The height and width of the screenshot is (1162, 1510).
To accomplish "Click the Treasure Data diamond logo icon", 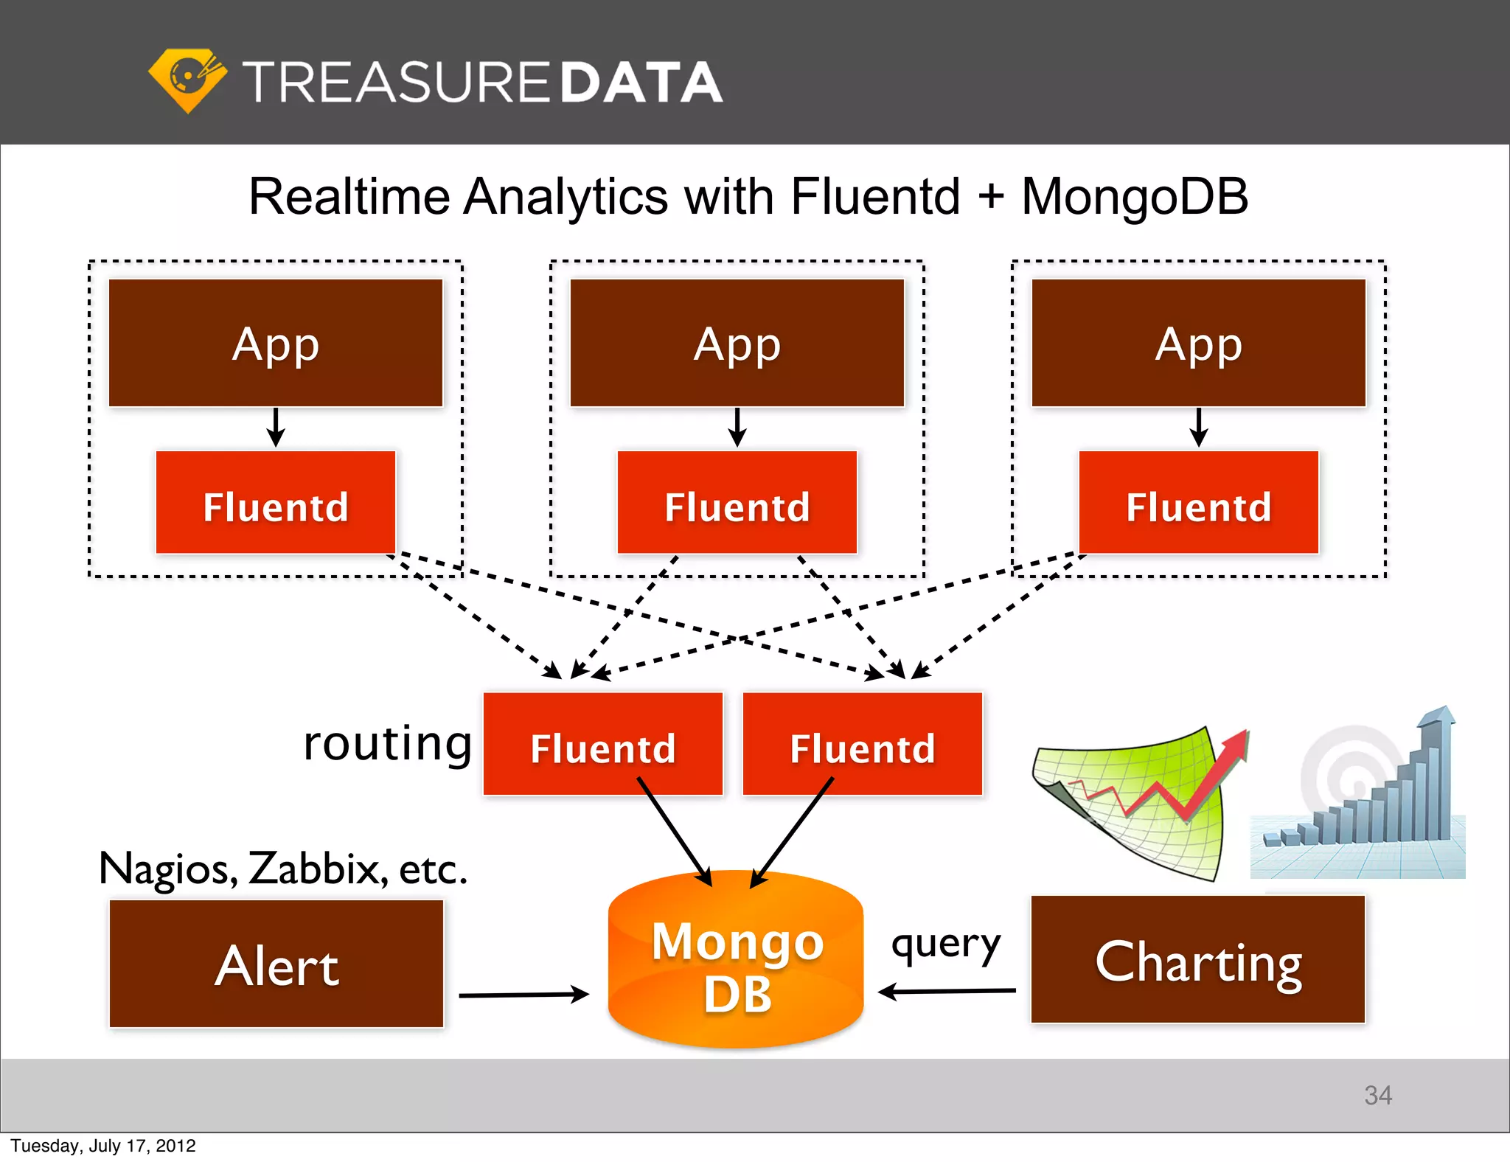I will tap(187, 80).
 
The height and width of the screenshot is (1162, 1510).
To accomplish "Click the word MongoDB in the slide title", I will tap(1134, 197).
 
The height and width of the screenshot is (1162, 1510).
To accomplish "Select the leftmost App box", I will tap(276, 343).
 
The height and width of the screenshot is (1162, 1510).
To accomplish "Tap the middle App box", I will tap(737, 343).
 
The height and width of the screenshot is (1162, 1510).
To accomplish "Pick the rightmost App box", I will tap(1198, 343).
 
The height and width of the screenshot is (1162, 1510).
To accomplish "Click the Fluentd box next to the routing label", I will tap(602, 745).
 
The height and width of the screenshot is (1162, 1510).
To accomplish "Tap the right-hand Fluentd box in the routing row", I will tap(862, 745).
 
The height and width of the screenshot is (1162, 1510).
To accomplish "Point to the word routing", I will tap(387, 743).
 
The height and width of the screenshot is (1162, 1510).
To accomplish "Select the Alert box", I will tap(276, 964).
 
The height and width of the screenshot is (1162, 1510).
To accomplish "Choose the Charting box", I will tap(1198, 960).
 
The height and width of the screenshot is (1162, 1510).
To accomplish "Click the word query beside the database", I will tap(946, 944).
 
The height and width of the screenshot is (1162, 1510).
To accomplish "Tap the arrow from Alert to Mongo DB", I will tap(523, 995).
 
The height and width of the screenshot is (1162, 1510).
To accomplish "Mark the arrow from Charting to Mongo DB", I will tap(947, 991).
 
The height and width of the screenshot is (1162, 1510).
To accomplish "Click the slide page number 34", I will tap(1377, 1095).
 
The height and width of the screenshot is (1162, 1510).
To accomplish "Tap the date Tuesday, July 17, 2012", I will tap(103, 1146).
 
